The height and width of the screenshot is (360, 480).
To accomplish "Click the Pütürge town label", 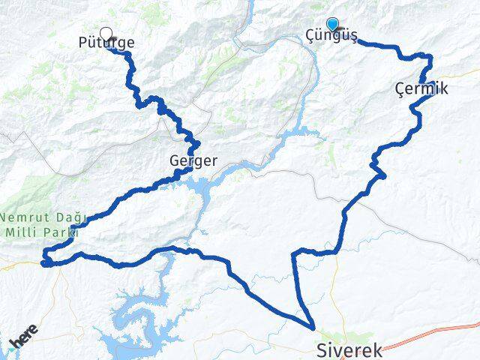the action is tap(106, 43).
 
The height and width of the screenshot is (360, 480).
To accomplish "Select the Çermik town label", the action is tap(421, 88).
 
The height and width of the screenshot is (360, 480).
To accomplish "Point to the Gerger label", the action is tap(193, 161).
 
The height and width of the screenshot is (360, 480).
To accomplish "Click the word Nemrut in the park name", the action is tap(22, 218).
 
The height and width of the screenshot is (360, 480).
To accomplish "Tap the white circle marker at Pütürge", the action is tap(106, 33).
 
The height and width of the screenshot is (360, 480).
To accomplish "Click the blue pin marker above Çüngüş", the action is tap(332, 23).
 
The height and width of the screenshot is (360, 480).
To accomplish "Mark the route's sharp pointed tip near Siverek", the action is tap(312, 328).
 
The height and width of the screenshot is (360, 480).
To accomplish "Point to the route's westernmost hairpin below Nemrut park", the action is tap(44, 262).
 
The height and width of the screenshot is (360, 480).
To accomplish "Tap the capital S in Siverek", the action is tap(321, 350).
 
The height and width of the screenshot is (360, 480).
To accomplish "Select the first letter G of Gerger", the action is tap(175, 161).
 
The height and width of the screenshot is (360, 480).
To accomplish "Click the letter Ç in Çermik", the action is tap(400, 89).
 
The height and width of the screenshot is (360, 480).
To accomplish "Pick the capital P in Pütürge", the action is tap(82, 43).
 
